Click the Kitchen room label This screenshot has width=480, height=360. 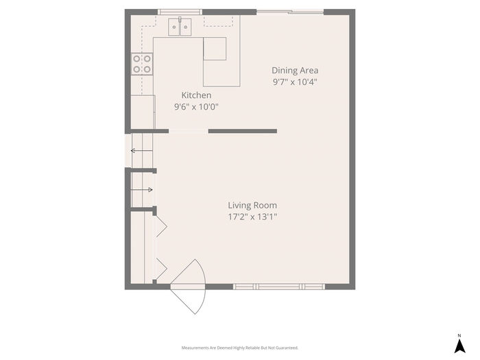click(x=196, y=95)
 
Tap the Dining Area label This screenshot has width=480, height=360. click(x=295, y=71)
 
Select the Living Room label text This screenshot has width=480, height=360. click(x=252, y=205)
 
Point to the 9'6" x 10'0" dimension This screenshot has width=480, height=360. click(x=196, y=107)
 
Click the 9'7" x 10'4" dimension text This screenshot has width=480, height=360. click(x=295, y=82)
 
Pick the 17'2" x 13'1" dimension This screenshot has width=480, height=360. click(x=252, y=217)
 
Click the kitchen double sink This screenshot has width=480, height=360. click(x=180, y=27)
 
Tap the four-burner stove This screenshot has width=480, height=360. click(x=142, y=64)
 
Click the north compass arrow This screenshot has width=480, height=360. click(x=459, y=346)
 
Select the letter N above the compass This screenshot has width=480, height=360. click(x=459, y=335)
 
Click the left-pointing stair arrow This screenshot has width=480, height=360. click(x=142, y=150)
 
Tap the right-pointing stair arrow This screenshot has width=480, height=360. click(x=142, y=190)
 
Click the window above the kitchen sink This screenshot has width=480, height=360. click(x=180, y=12)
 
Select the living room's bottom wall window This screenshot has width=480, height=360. click(x=279, y=287)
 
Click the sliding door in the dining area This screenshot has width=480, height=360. click(x=290, y=12)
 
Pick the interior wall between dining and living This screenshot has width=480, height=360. click(x=243, y=131)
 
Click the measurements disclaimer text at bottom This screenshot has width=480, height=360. click(x=240, y=348)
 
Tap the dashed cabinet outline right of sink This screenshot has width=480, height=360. click(x=218, y=21)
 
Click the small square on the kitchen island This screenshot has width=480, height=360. click(x=215, y=49)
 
